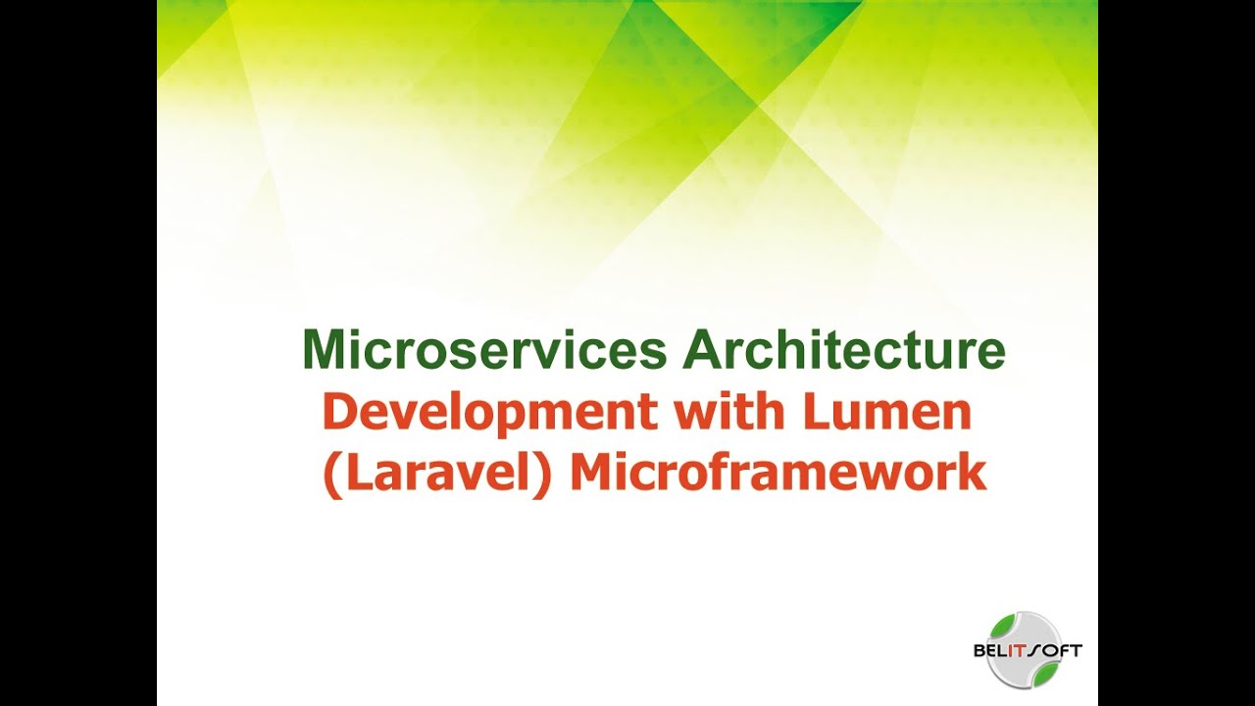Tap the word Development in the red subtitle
(490, 415)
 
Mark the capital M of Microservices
(323, 351)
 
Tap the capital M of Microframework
(590, 474)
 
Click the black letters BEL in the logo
(993, 651)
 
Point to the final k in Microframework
(974, 474)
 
